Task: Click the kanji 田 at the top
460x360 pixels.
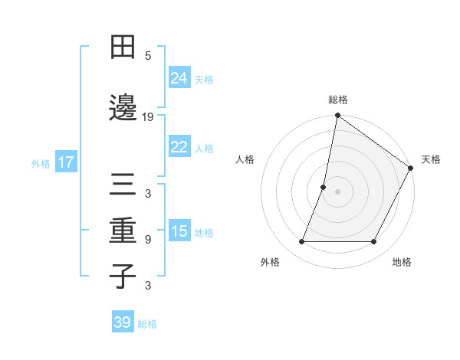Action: [x=123, y=47]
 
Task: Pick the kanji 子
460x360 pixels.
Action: [x=123, y=275]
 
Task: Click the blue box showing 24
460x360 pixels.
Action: [x=179, y=78]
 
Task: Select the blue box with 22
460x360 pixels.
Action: [x=179, y=147]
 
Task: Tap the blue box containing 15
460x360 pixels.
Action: [x=179, y=231]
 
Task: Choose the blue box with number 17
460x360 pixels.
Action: [x=66, y=162]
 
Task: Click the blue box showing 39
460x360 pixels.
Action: [x=122, y=322]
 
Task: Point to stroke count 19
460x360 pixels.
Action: [x=148, y=117]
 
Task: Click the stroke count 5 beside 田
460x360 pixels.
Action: [x=148, y=56]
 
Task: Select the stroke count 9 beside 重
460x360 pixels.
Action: [x=148, y=240]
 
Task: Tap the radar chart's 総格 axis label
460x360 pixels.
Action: [x=337, y=100]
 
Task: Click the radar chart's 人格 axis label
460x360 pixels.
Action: [x=245, y=159]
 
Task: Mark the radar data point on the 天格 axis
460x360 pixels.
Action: [x=411, y=169]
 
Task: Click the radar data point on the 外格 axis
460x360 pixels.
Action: [x=301, y=242]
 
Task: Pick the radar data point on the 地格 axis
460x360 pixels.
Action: [x=373, y=242]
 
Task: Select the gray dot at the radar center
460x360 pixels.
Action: [x=337, y=192]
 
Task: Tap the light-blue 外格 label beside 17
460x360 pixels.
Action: [x=41, y=163]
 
